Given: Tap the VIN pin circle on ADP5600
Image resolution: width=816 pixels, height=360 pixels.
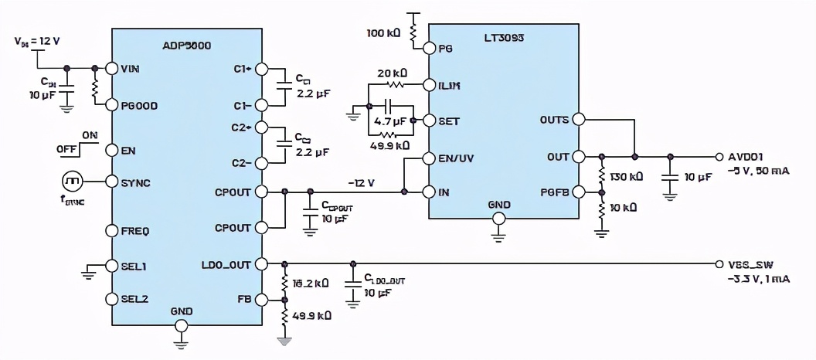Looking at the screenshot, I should tap(113, 68).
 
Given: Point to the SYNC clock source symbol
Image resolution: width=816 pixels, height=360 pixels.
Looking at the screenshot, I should tap(72, 182).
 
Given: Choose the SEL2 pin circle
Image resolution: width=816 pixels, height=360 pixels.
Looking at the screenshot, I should tap(113, 298).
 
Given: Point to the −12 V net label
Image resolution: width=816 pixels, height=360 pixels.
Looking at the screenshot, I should tap(362, 182).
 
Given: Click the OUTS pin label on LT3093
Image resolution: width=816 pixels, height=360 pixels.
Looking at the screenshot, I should tap(553, 120).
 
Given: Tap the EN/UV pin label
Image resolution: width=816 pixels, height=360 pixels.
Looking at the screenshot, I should tap(456, 159).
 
